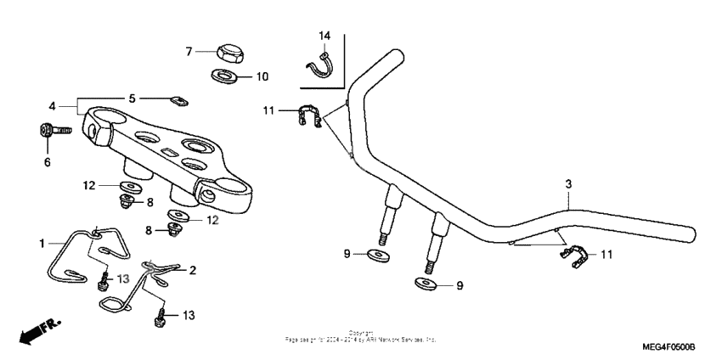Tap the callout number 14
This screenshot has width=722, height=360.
coord(324,36)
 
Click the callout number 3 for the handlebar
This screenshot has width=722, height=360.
coord(568,184)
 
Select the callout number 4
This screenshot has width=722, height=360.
coord(53,106)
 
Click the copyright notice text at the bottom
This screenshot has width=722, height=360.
coord(361,336)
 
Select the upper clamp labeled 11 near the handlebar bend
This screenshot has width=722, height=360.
coord(310,116)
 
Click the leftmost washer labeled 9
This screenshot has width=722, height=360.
coord(375,254)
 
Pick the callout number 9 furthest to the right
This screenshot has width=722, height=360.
coord(460,286)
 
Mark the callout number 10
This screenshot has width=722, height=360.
coord(262,76)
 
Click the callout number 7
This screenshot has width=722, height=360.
coord(189,51)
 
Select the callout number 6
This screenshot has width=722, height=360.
coord(48,161)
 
